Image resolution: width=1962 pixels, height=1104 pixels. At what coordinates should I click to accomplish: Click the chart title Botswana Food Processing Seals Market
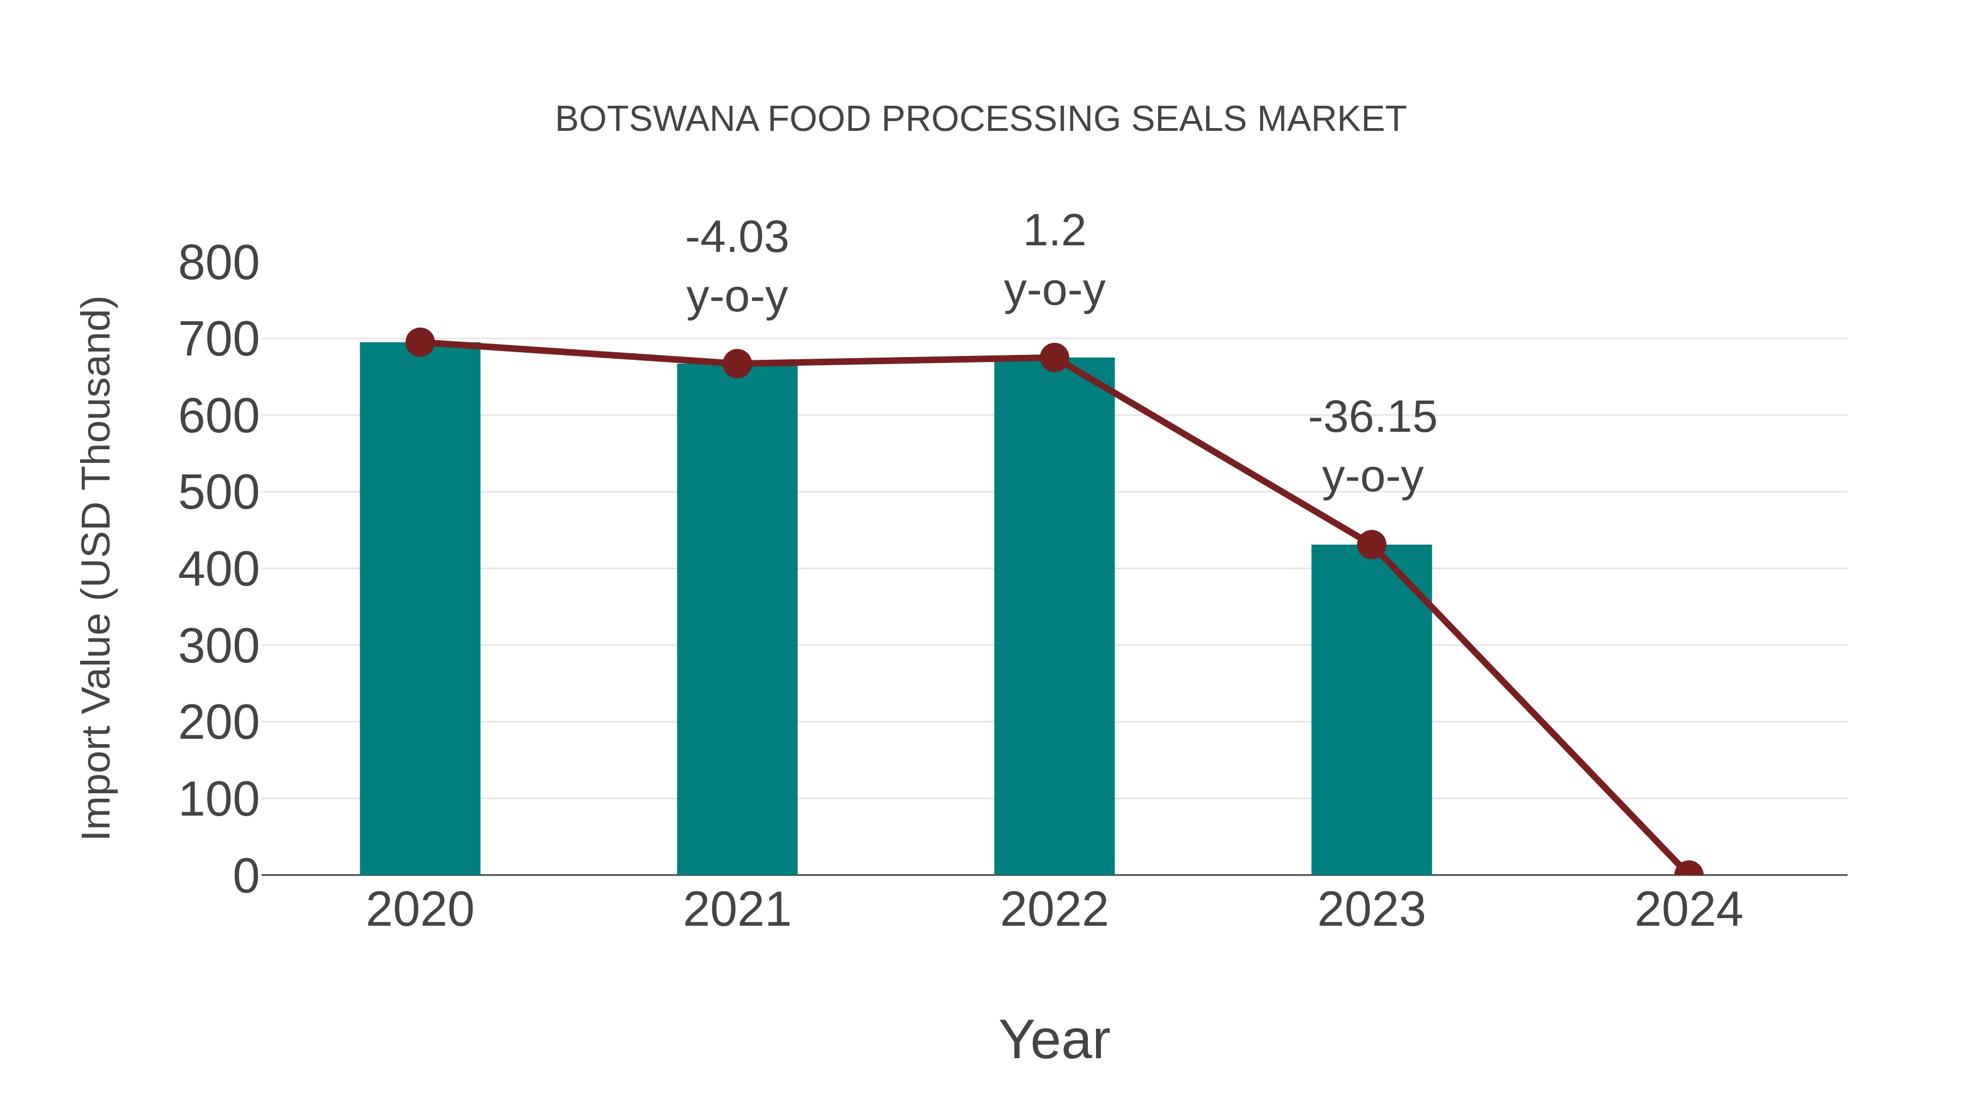pyautogui.click(x=980, y=119)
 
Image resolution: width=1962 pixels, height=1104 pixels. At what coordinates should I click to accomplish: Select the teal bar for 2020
pyautogui.click(x=420, y=610)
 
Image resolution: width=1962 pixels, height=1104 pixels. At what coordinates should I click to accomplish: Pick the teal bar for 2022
pyautogui.click(x=1054, y=617)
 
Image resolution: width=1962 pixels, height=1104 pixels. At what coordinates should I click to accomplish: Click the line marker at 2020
pyautogui.click(x=420, y=343)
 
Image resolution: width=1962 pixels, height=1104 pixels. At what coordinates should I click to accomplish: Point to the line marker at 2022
pyautogui.click(x=1054, y=357)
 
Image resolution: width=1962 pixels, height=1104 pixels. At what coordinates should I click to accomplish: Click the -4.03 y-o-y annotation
pyautogui.click(x=736, y=266)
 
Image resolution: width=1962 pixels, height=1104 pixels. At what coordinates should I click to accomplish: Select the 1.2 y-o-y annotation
pyautogui.click(x=1054, y=260)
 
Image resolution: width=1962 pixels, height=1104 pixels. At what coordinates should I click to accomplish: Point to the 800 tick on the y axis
pyautogui.click(x=219, y=264)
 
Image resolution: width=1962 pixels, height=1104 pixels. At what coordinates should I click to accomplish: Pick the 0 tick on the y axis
pyautogui.click(x=245, y=876)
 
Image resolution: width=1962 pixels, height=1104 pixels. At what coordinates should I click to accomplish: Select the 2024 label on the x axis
pyautogui.click(x=1688, y=910)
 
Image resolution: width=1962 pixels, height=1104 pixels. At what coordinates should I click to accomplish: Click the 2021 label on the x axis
pyautogui.click(x=736, y=910)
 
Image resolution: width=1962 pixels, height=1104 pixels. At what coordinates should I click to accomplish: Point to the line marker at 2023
pyautogui.click(x=1371, y=545)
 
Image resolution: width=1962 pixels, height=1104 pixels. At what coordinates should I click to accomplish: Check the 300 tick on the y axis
pyautogui.click(x=219, y=647)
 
